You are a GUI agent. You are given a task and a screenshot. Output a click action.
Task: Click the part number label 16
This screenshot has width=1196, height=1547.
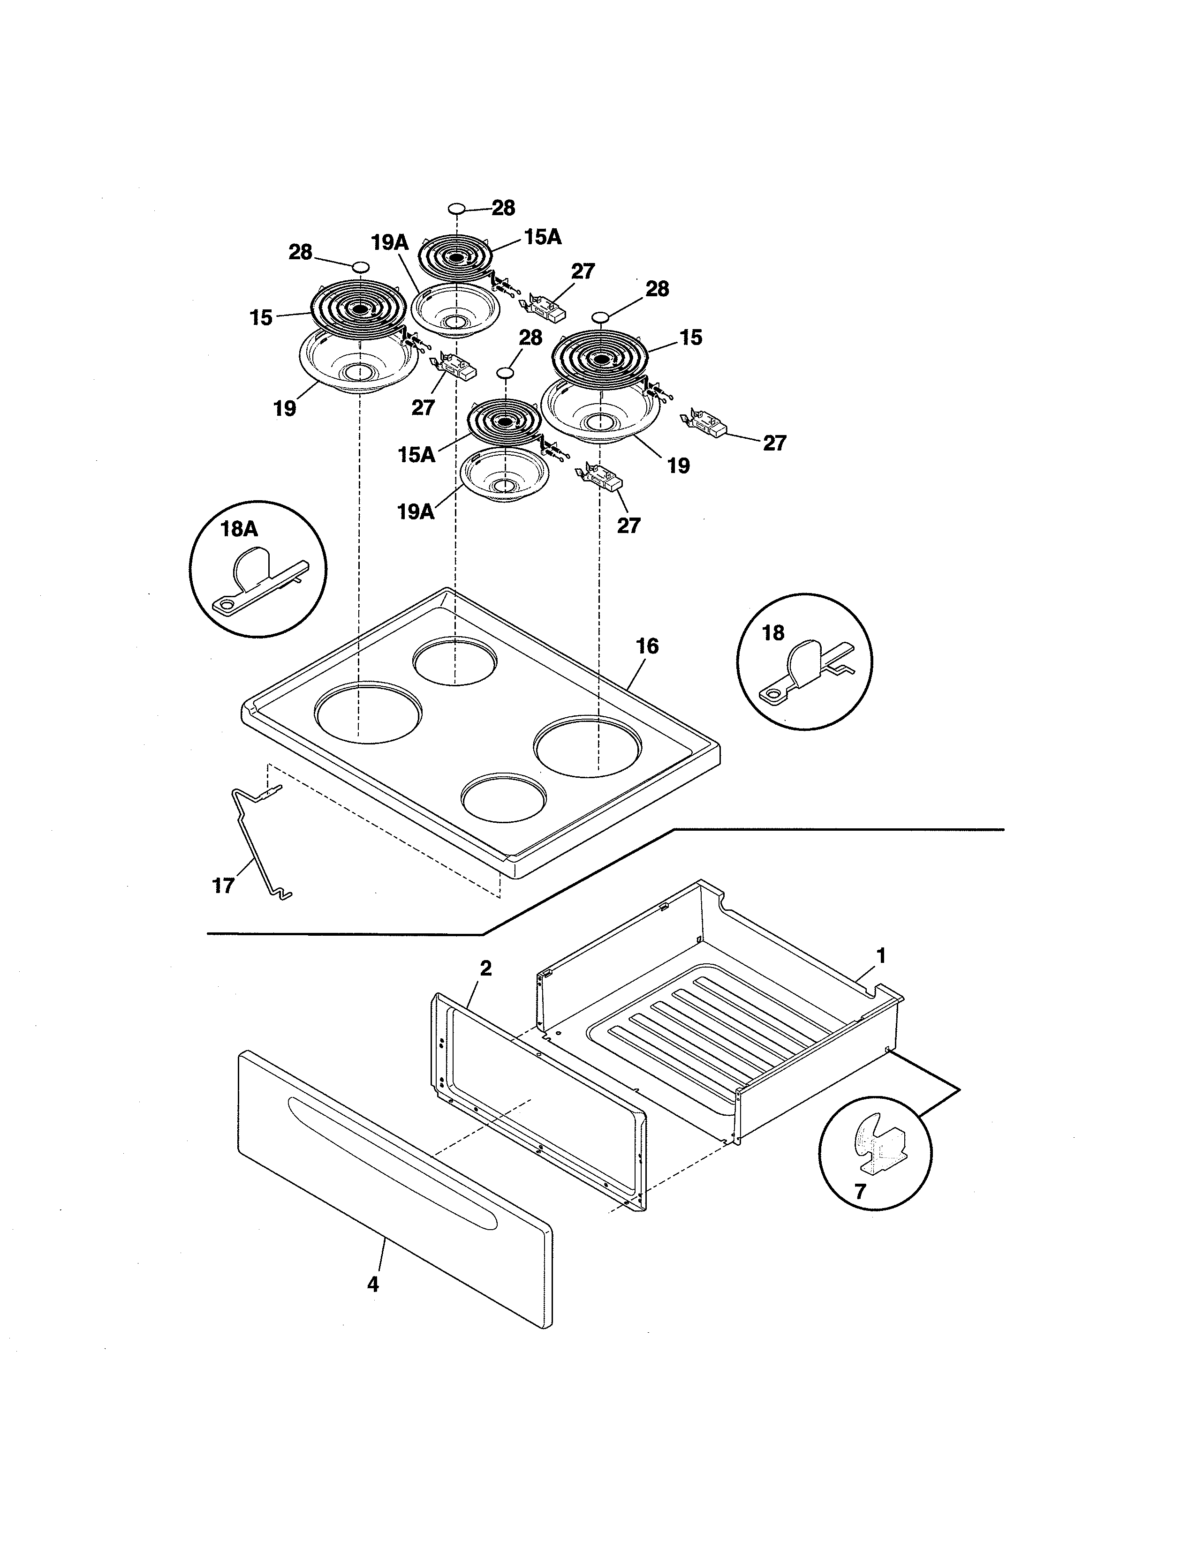pyautogui.click(x=647, y=646)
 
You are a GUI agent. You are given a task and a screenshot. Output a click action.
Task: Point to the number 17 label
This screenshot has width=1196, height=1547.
pyautogui.click(x=223, y=886)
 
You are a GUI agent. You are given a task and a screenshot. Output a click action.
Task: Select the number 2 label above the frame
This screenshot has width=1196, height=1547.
pyautogui.click(x=485, y=969)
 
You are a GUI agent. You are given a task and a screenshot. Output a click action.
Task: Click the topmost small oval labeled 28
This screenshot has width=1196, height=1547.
pyautogui.click(x=457, y=208)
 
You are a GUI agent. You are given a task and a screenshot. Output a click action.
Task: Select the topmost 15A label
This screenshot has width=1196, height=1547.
pyautogui.click(x=543, y=237)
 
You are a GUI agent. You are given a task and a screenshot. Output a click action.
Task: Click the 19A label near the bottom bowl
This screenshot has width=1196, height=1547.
pyautogui.click(x=415, y=511)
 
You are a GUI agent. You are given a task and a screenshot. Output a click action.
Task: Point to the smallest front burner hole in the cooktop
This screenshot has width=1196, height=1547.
pyautogui.click(x=504, y=797)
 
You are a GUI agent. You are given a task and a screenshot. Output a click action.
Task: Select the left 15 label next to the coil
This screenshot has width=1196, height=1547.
pyautogui.click(x=261, y=318)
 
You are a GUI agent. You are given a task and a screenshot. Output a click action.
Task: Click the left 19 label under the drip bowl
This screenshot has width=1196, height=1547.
pyautogui.click(x=284, y=409)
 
